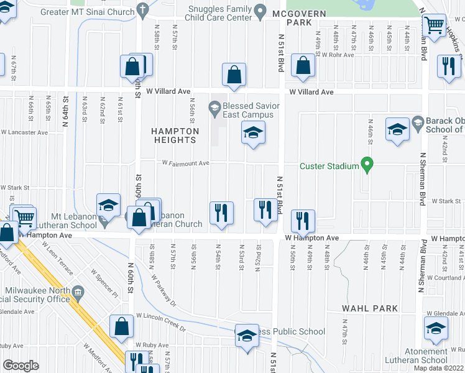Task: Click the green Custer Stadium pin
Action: (x=367, y=165)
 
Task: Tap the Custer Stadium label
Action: (x=329, y=166)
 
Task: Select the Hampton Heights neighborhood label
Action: (x=175, y=136)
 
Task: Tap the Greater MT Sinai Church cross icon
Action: (x=142, y=11)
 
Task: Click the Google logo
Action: (x=21, y=366)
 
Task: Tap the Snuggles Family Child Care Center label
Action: (x=221, y=13)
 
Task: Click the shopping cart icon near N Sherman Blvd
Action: (x=434, y=26)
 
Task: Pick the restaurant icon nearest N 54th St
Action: (x=220, y=212)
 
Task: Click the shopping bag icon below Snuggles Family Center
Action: (x=234, y=75)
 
